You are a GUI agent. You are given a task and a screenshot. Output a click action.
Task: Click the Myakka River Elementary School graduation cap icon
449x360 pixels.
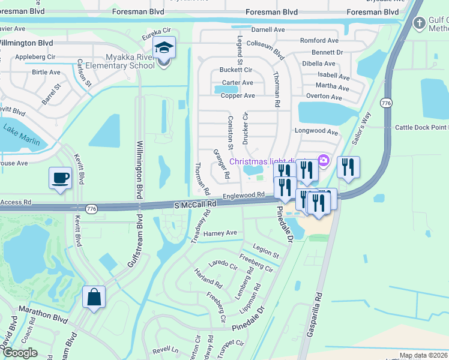pos(163,47)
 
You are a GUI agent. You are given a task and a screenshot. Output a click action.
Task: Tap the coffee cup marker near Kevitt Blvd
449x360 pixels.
pos(59,178)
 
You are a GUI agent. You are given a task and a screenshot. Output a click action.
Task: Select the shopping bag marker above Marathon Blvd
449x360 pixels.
pos(94,297)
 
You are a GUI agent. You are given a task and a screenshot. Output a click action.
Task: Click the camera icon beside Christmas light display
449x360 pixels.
pos(324,160)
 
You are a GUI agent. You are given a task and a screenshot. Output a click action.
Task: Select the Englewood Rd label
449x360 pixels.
pos(244,196)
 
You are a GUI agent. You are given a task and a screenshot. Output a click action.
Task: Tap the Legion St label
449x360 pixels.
pos(266,251)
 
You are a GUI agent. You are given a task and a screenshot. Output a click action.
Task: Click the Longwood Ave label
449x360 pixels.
pos(316,131)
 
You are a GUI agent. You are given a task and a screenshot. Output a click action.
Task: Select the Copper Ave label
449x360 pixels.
pos(238,95)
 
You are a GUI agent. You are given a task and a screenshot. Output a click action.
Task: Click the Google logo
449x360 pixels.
pos(20,353)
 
